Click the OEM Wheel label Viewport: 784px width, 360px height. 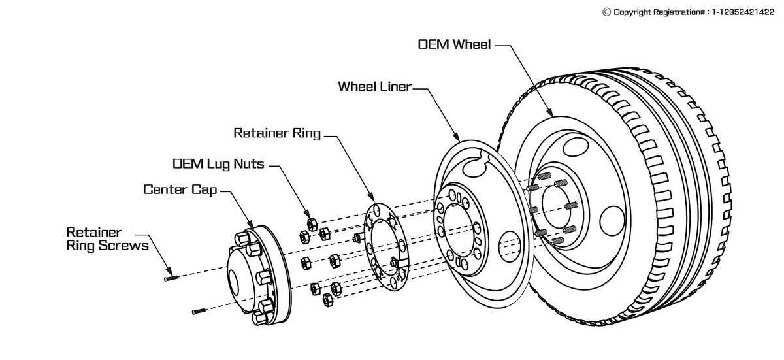click(454, 44)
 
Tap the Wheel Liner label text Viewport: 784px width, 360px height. click(374, 86)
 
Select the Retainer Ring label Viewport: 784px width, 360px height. click(277, 133)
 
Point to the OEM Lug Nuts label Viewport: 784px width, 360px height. click(218, 164)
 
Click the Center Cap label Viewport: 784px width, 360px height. click(180, 189)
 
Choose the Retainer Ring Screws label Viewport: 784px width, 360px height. click(107, 239)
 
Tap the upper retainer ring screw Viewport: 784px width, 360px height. click(171, 278)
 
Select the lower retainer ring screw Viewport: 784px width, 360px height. click(199, 311)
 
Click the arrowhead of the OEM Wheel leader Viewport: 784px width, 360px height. click(550, 112)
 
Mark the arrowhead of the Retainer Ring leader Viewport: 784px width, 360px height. click(371, 197)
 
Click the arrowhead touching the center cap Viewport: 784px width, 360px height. click(250, 224)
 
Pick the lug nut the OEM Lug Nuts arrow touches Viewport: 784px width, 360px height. click(312, 224)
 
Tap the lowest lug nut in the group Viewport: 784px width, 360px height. click(328, 300)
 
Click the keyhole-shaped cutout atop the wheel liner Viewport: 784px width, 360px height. click(477, 164)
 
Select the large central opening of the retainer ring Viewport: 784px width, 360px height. click(384, 247)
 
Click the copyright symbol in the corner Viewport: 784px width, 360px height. click(606, 12)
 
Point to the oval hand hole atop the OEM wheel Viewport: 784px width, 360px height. click(576, 146)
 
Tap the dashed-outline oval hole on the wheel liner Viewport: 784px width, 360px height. click(510, 246)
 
